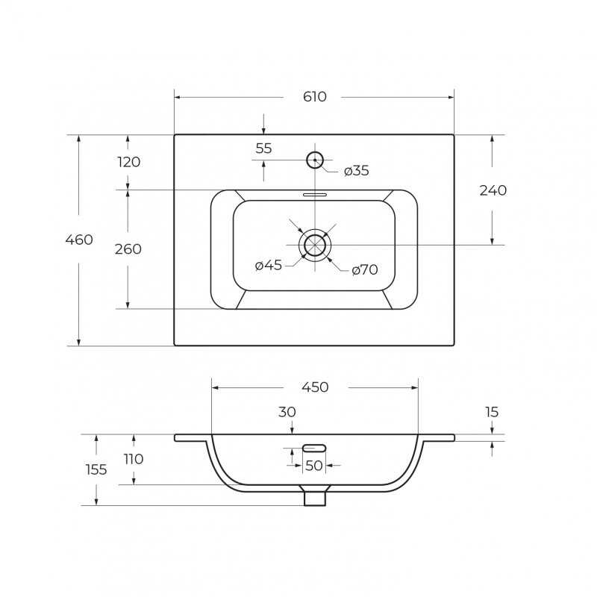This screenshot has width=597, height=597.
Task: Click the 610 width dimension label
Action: click(x=314, y=97)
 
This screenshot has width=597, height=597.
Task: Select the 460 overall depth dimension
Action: click(x=79, y=240)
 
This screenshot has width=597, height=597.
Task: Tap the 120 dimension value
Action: click(x=128, y=162)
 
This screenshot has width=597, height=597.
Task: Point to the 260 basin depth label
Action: click(x=128, y=249)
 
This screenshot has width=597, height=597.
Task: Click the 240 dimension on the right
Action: click(x=493, y=190)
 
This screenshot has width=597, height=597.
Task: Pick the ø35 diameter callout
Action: click(x=357, y=171)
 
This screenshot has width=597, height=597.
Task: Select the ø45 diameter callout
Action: click(x=269, y=265)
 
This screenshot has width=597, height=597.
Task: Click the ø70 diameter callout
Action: click(x=365, y=270)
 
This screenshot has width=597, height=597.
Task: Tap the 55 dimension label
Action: click(x=264, y=149)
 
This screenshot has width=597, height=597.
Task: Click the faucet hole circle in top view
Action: click(x=315, y=152)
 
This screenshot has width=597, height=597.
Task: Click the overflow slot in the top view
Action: click(x=315, y=195)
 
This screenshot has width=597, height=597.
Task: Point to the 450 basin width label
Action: click(x=315, y=387)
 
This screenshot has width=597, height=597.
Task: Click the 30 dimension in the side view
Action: click(x=287, y=412)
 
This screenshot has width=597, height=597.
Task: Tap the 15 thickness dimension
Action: click(x=492, y=412)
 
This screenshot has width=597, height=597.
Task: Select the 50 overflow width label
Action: click(x=314, y=466)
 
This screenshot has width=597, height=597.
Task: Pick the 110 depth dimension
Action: click(x=134, y=459)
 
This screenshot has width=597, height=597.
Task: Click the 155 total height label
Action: click(x=96, y=470)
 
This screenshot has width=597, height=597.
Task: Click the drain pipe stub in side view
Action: click(x=315, y=498)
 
